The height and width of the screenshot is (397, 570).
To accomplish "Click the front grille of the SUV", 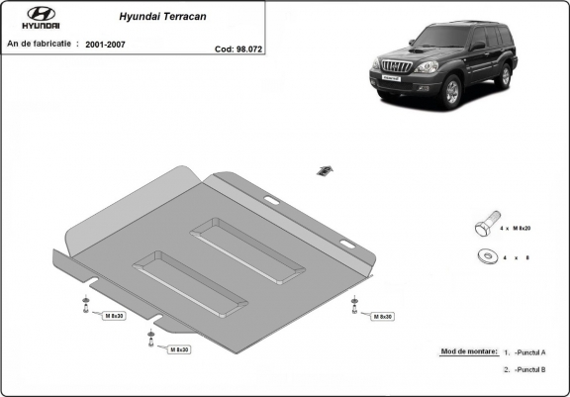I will tap(393, 71).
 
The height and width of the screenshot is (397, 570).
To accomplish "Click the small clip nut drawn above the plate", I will tap(322, 170).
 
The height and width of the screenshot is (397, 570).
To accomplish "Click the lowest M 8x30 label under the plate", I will tap(178, 349).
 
